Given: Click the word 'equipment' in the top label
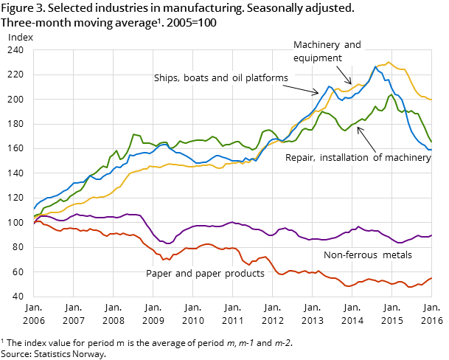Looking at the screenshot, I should (317, 58).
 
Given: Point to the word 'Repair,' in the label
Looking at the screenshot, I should (299, 157).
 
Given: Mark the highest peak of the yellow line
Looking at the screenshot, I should (389, 63).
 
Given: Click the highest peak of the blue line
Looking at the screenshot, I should (375, 67).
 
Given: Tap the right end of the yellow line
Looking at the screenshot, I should (431, 100).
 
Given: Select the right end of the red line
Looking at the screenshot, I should (431, 278).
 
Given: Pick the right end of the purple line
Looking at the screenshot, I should (431, 235).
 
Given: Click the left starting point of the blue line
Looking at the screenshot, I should (34, 209).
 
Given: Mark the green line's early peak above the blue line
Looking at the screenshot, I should (133, 134).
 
